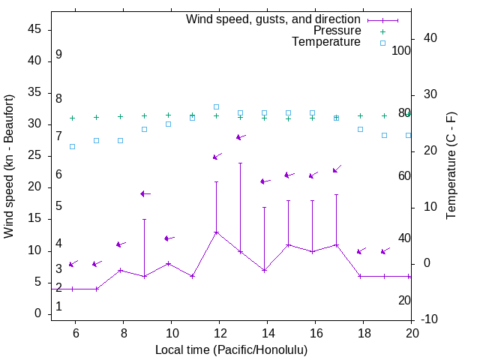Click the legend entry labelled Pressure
[x=337, y=31]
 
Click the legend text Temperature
[x=326, y=42]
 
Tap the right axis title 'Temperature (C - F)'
[x=451, y=166]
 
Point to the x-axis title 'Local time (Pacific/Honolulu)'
[x=231, y=349]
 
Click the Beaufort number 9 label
[x=58, y=55]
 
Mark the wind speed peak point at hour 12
[x=217, y=232]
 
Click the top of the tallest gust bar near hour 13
[x=241, y=163]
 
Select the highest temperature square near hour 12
[x=217, y=106]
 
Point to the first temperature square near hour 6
[x=73, y=146]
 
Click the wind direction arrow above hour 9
[x=145, y=193]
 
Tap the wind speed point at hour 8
[x=121, y=270]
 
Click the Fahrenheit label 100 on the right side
[x=402, y=51]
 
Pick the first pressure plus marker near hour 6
[x=73, y=118]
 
